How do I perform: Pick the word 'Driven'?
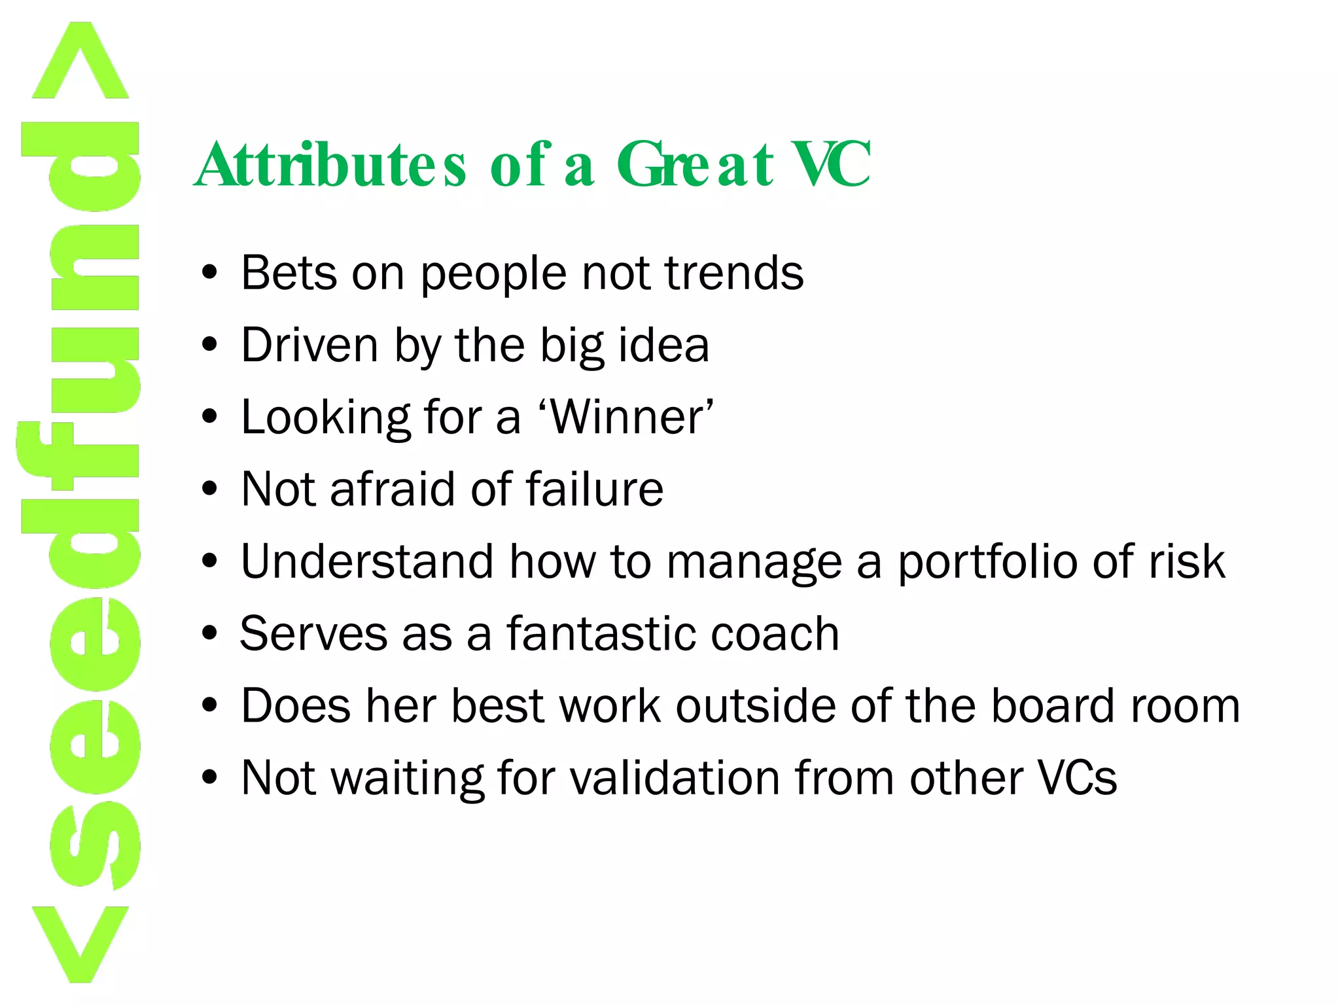click(x=309, y=345)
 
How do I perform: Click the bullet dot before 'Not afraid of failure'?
click(x=209, y=489)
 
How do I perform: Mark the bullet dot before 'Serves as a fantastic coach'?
click(x=209, y=633)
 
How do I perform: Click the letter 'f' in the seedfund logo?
click(x=79, y=458)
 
